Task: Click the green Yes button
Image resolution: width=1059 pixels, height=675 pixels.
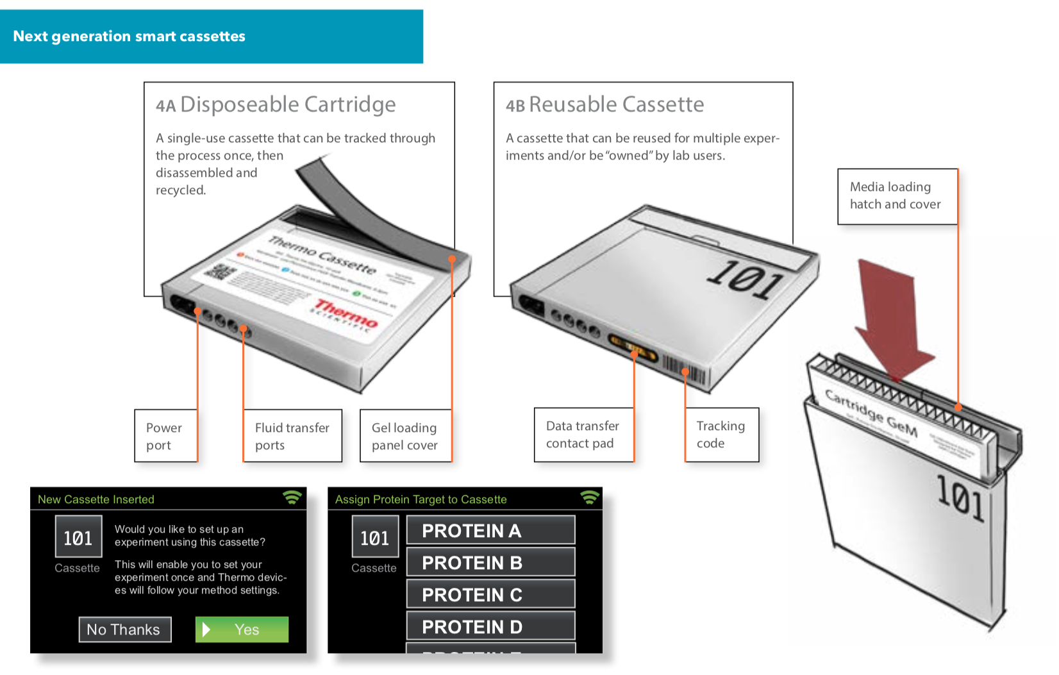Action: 242,629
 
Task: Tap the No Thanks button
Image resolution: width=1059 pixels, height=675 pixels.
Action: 124,629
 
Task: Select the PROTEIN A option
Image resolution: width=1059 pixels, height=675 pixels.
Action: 490,531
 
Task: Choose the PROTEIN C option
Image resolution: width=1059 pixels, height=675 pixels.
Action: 490,595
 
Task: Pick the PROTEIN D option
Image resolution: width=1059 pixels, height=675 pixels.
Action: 490,626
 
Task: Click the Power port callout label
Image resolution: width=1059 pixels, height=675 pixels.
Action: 165,436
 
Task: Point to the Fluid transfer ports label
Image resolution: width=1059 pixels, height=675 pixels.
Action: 292,436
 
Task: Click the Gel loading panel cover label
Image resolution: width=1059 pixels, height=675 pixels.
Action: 404,436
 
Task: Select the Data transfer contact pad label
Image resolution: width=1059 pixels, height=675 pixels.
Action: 583,435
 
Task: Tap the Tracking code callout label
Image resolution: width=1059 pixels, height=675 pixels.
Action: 721,435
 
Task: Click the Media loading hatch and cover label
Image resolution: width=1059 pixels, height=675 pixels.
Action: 896,196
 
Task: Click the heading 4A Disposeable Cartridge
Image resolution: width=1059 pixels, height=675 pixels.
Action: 276,104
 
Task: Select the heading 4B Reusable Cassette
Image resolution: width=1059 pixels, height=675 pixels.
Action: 605,104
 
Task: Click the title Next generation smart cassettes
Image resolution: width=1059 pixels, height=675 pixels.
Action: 129,37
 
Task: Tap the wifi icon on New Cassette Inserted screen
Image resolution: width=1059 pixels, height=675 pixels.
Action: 292,497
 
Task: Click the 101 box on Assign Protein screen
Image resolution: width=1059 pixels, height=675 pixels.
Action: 375,537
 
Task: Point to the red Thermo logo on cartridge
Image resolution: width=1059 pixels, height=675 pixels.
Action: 346,314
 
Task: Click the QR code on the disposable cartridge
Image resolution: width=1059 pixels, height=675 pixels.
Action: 219,272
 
